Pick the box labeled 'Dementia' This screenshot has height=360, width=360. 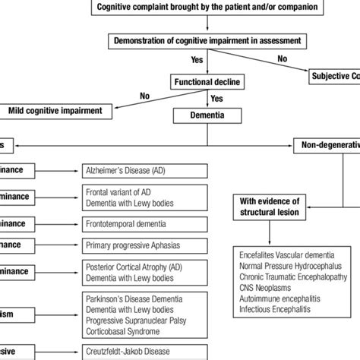[x=208, y=116]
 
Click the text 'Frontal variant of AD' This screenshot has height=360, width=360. [x=125, y=192]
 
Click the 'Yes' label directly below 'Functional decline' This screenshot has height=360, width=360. [x=216, y=99]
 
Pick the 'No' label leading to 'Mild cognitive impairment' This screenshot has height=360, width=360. [x=144, y=96]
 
